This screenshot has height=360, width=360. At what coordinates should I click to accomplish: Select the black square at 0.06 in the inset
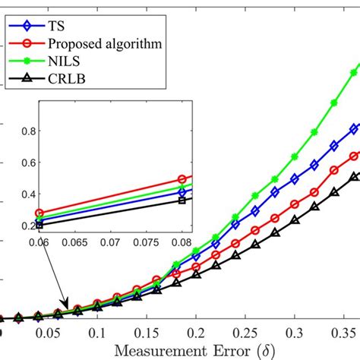tap(40, 225)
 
